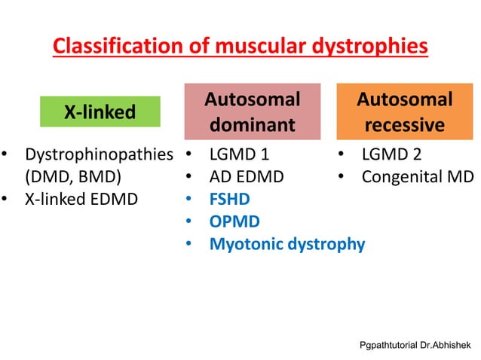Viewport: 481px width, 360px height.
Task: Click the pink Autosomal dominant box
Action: (253, 112)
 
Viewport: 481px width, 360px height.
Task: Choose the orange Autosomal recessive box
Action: (404, 112)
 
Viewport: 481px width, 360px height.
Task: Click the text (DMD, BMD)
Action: (73, 178)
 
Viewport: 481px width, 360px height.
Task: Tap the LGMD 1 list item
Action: (239, 156)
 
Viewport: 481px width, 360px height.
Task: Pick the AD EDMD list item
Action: (247, 178)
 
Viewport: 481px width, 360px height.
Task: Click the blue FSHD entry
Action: (230, 200)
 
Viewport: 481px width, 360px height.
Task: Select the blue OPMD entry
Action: (234, 222)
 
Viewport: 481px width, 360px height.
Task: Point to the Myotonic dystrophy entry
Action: (287, 244)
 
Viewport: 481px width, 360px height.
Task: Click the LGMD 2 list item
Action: (391, 156)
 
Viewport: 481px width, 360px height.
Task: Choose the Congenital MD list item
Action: (418, 178)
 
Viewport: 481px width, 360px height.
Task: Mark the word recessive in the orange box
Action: (405, 125)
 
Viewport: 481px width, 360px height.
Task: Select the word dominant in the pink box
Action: (253, 125)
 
